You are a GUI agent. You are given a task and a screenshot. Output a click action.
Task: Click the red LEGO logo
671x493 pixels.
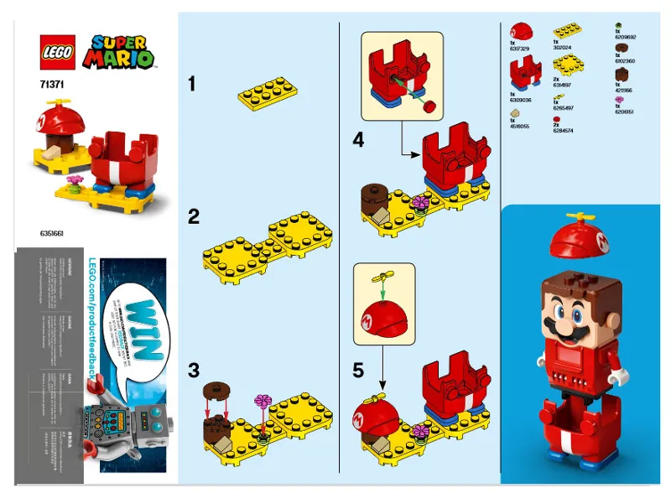(x=58, y=52)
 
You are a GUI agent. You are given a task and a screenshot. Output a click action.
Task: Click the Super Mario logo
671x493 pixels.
(x=122, y=52)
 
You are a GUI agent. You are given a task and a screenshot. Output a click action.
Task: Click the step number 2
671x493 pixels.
(x=194, y=217)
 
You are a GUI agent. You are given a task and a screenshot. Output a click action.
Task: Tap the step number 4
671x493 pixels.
(x=359, y=141)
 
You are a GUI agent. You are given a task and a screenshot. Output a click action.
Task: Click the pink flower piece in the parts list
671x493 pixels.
(x=622, y=101)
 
